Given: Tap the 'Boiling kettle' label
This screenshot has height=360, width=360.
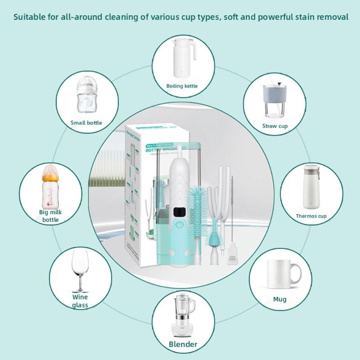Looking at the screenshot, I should (x=182, y=86).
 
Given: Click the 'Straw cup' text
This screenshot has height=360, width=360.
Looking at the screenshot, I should (x=275, y=126).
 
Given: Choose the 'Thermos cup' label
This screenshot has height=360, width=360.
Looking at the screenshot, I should (x=311, y=216).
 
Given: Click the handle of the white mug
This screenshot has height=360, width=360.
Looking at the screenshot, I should (x=295, y=273).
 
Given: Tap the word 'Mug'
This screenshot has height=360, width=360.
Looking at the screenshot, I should (x=279, y=299).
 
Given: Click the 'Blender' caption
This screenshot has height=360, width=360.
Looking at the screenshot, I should (x=183, y=345).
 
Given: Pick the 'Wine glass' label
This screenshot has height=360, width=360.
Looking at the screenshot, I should (x=80, y=301).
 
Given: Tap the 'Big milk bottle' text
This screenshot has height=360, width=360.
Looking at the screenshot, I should (x=50, y=216).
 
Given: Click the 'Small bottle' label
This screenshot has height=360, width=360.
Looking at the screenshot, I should (x=86, y=123).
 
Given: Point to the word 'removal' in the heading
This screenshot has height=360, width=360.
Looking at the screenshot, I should (x=332, y=18).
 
